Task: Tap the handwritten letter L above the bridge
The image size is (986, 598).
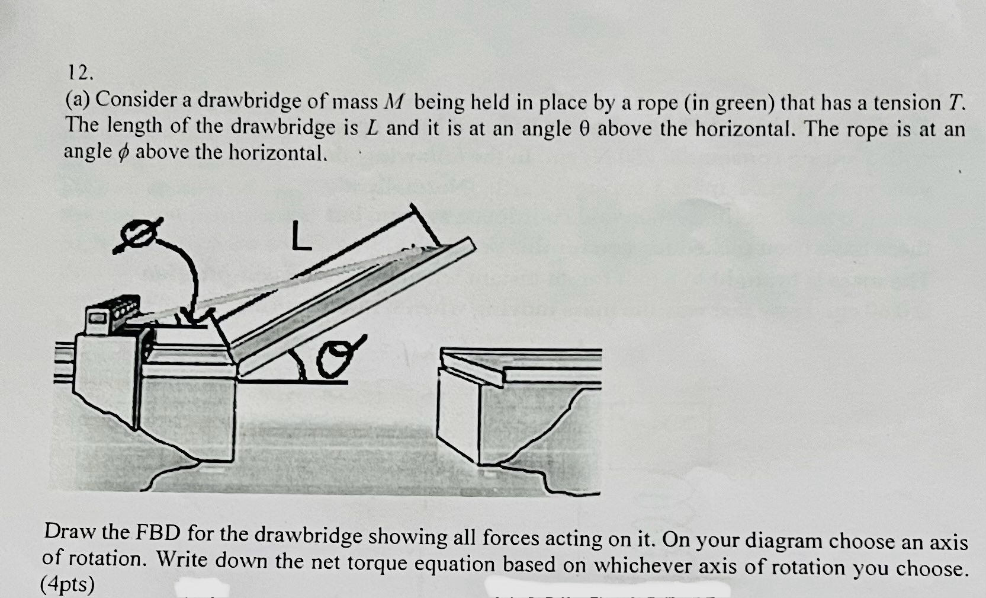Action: click(301, 236)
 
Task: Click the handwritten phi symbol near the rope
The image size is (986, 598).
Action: click(137, 236)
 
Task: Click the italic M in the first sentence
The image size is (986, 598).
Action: click(393, 102)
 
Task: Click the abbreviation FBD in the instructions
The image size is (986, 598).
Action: click(158, 533)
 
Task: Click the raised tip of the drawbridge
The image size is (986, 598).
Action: click(469, 243)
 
